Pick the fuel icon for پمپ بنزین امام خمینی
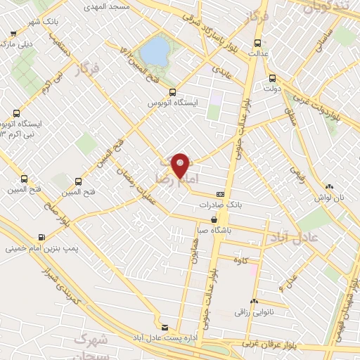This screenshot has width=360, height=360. (x=44, y=237)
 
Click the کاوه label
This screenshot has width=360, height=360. (x=252, y=260)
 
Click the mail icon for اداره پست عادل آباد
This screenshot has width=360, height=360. (x=165, y=328)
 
